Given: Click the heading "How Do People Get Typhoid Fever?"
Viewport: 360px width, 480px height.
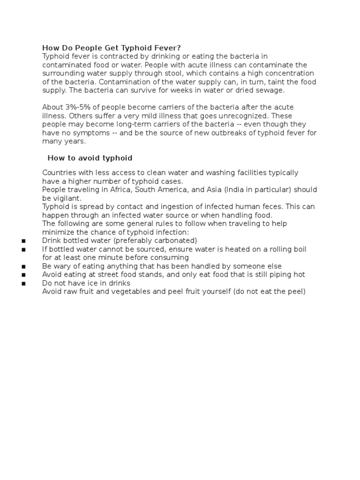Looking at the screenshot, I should pyautogui.click(x=111, y=48).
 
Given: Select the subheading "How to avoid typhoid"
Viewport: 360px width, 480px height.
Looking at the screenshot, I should pyautogui.click(x=90, y=158).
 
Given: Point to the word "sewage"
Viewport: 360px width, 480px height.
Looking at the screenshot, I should pyautogui.click(x=272, y=90).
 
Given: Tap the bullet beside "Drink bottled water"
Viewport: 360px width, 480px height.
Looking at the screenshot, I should pyautogui.click(x=23, y=241).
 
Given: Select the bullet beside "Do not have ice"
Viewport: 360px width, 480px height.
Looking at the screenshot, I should pyautogui.click(x=23, y=284).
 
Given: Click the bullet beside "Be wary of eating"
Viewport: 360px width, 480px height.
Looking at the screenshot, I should pyautogui.click(x=23, y=266).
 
